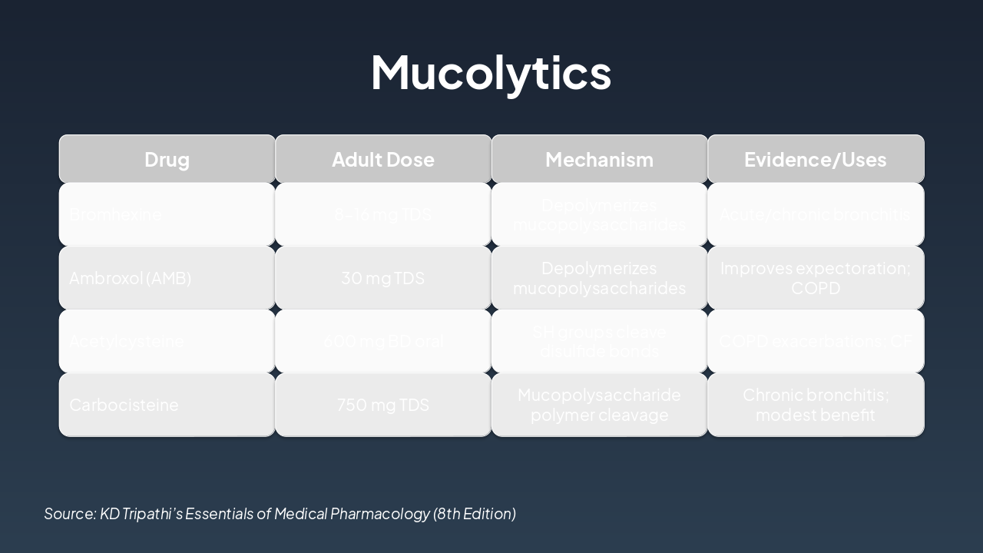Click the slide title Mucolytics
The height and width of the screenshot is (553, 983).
point(491,72)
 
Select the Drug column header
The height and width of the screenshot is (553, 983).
point(167,159)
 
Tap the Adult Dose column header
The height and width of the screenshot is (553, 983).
point(382,159)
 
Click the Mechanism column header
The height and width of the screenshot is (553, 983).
point(599,159)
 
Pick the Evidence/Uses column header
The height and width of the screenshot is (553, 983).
point(815,159)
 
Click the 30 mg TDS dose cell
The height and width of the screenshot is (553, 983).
point(382,278)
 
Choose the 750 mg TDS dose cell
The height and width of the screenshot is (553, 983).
point(382,405)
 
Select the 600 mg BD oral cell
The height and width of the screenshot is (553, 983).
point(382,341)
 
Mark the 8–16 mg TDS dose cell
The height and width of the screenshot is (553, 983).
point(382,214)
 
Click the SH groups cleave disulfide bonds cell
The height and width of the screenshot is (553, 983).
point(599,341)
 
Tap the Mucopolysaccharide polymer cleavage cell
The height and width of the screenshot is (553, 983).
point(599,405)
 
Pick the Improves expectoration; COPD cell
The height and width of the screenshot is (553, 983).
point(815,278)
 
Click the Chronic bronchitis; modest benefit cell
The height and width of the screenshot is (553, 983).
point(815,405)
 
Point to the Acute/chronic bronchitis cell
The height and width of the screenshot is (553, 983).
point(815,214)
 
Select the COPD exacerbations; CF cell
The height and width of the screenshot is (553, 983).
point(815,341)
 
